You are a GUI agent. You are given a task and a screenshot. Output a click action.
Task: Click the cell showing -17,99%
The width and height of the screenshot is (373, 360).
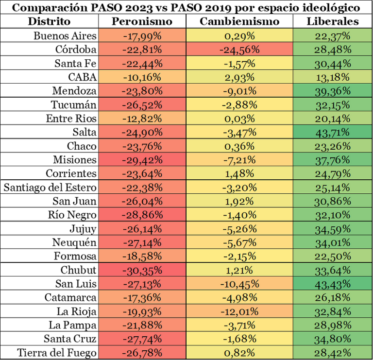click(142, 36)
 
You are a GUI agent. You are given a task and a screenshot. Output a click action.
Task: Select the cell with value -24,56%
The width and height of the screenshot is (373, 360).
click(239, 50)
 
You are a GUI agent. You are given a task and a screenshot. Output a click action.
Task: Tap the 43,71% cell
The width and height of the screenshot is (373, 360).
click(332, 132)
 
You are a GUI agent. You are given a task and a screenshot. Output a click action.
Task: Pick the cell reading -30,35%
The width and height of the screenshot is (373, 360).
click(142, 270)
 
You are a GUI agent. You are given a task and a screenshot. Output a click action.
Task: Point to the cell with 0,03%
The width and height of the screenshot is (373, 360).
click(239, 119)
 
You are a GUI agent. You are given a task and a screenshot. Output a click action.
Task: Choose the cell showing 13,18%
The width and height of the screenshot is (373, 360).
click(332, 77)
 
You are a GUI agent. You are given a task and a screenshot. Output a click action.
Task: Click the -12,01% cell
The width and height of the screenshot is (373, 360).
click(239, 311)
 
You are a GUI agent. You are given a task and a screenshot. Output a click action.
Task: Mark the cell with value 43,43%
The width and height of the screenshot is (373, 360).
click(332, 284)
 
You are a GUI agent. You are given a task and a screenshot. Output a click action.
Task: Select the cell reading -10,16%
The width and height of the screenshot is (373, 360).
click(142, 77)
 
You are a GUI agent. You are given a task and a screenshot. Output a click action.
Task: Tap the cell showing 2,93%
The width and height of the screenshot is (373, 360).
click(239, 77)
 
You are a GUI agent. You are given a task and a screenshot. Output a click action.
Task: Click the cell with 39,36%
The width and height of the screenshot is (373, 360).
click(332, 91)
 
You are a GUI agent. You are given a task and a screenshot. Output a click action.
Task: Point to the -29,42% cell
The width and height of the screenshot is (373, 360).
click(142, 160)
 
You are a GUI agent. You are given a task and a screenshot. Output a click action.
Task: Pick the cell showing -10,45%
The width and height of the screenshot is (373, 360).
click(239, 284)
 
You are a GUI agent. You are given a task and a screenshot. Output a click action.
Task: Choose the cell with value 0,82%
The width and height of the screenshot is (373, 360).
click(239, 352)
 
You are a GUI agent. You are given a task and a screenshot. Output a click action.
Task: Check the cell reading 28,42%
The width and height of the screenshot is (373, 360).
click(332, 352)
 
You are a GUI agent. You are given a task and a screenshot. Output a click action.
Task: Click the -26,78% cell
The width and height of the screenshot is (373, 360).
click(142, 352)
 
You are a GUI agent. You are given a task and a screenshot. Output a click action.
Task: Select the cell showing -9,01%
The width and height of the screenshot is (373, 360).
click(239, 91)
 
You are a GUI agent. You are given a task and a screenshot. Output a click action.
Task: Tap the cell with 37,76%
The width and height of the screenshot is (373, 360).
click(332, 160)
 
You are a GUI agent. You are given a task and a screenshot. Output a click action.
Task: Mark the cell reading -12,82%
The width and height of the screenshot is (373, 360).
click(142, 119)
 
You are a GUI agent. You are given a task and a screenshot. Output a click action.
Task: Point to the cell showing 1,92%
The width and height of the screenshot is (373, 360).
click(239, 201)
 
